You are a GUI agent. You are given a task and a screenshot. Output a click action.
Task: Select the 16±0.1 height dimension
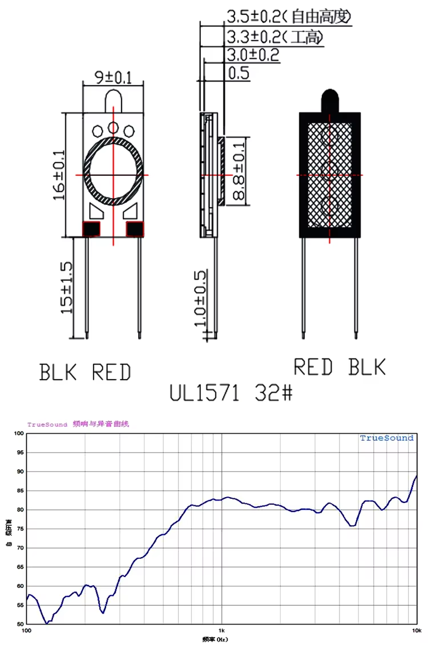coord(59,175)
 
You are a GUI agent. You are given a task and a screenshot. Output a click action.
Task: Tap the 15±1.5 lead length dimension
coord(67,288)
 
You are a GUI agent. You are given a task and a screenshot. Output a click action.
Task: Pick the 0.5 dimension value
coord(239,73)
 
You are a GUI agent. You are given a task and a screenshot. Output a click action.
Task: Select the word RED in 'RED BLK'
coord(313,367)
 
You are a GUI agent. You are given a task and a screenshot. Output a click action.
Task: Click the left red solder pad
coord(91,229)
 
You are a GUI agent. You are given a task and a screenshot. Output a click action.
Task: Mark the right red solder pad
coord(135,229)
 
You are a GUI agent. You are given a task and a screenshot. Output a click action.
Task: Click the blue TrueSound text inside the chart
coord(386,438)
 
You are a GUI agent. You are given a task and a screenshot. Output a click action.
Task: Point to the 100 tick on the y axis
coord(19,434)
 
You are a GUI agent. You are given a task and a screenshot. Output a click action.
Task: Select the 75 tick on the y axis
coord(20,529)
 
